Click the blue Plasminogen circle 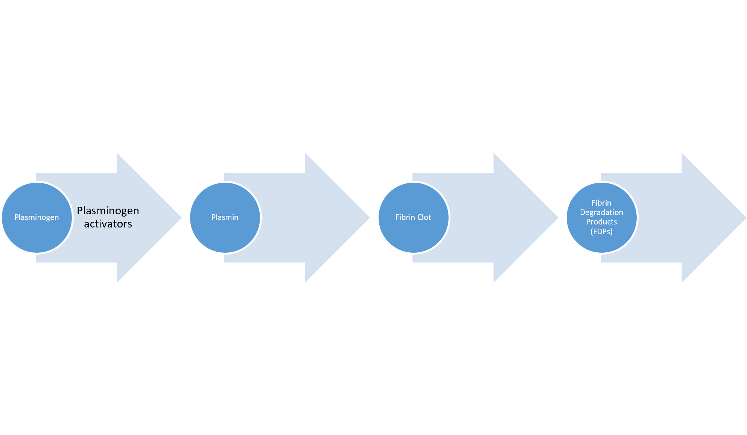pyautogui.click(x=37, y=218)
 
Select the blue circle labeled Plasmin pyautogui.click(x=225, y=218)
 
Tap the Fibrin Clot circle pyautogui.click(x=414, y=218)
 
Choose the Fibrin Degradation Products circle pyautogui.click(x=602, y=218)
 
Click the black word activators pyautogui.click(x=108, y=224)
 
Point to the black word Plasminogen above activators pyautogui.click(x=108, y=211)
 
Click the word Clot pyautogui.click(x=424, y=217)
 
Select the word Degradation pyautogui.click(x=601, y=212)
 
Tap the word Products pyautogui.click(x=601, y=222)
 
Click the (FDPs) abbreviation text pyautogui.click(x=601, y=232)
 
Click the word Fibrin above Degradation pyautogui.click(x=601, y=203)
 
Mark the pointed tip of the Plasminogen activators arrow pyautogui.click(x=181, y=218)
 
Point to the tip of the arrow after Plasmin pyautogui.click(x=370, y=218)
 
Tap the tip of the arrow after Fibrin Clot pyautogui.click(x=558, y=218)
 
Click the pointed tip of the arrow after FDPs pyautogui.click(x=746, y=218)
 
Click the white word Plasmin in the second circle pyautogui.click(x=225, y=217)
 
